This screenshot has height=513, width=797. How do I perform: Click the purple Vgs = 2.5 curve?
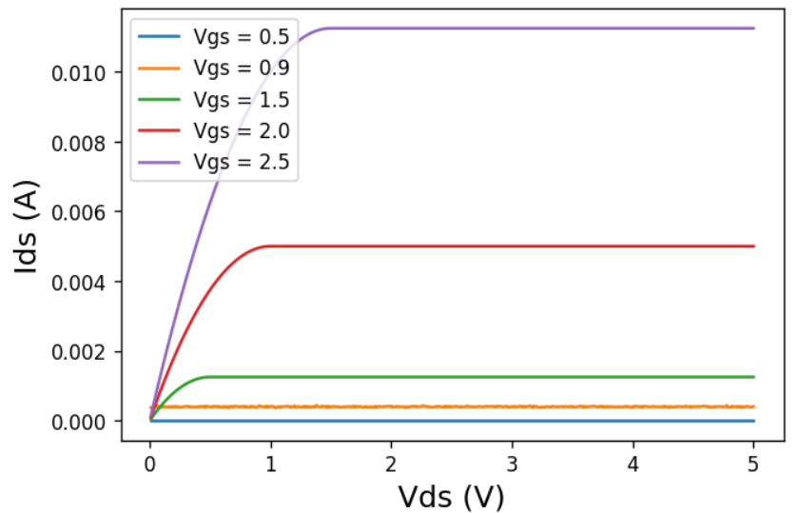(571, 29)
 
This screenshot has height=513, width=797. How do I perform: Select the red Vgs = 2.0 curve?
(571, 247)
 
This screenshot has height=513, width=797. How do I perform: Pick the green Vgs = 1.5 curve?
(571, 377)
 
